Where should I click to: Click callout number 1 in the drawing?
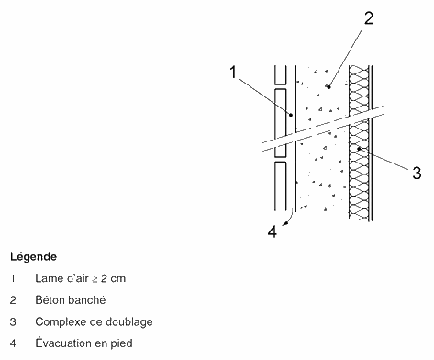233,73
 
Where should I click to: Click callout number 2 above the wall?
369,18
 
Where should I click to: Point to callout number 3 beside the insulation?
417,173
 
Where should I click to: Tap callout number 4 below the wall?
273,231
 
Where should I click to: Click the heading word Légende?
34,256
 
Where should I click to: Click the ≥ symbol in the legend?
95,279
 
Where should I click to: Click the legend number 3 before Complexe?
13,321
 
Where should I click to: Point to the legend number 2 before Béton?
13,300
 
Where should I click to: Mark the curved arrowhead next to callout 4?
285,224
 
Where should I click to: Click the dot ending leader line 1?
291,115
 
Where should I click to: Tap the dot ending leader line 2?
329,87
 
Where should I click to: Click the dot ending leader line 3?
359,149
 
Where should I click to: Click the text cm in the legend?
118,279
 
